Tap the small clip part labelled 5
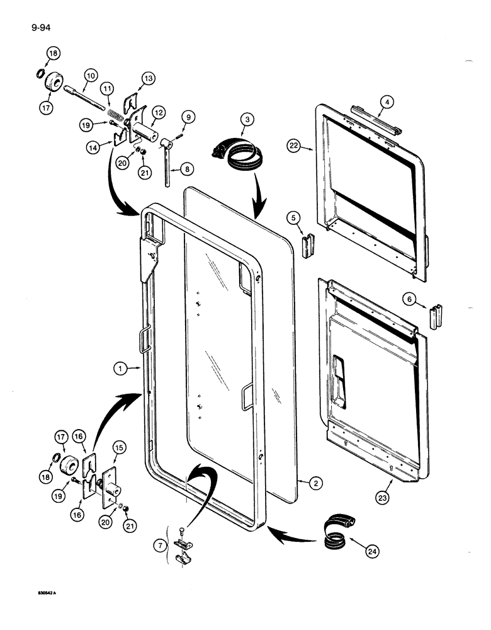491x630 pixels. click(x=308, y=246)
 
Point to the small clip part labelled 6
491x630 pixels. click(x=436, y=316)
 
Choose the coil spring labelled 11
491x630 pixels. click(x=114, y=115)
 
